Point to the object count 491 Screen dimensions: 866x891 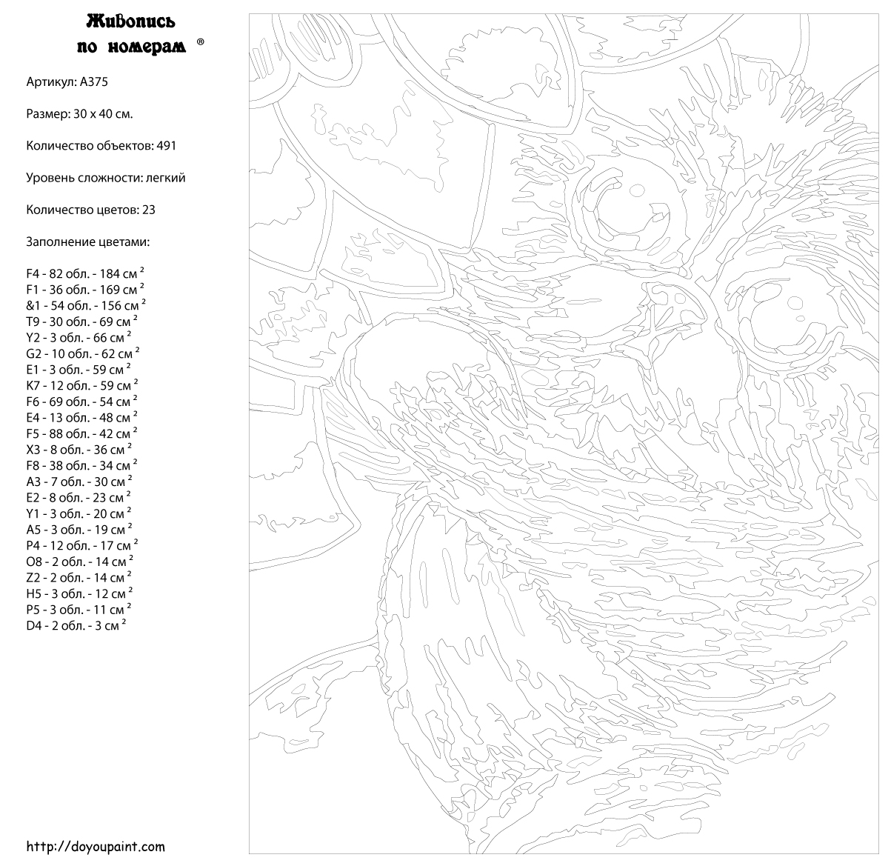pos(166,146)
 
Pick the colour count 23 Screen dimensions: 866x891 pos(148,210)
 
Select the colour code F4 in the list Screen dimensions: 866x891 pos(33,274)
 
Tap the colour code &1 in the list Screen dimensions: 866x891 pos(33,306)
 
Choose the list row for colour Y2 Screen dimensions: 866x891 pos(81,338)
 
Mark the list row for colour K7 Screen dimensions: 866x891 pos(81,386)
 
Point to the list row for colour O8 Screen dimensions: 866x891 pos(79,562)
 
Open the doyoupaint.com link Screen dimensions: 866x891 pos(96,846)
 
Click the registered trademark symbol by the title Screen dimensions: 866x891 pos(201,44)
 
